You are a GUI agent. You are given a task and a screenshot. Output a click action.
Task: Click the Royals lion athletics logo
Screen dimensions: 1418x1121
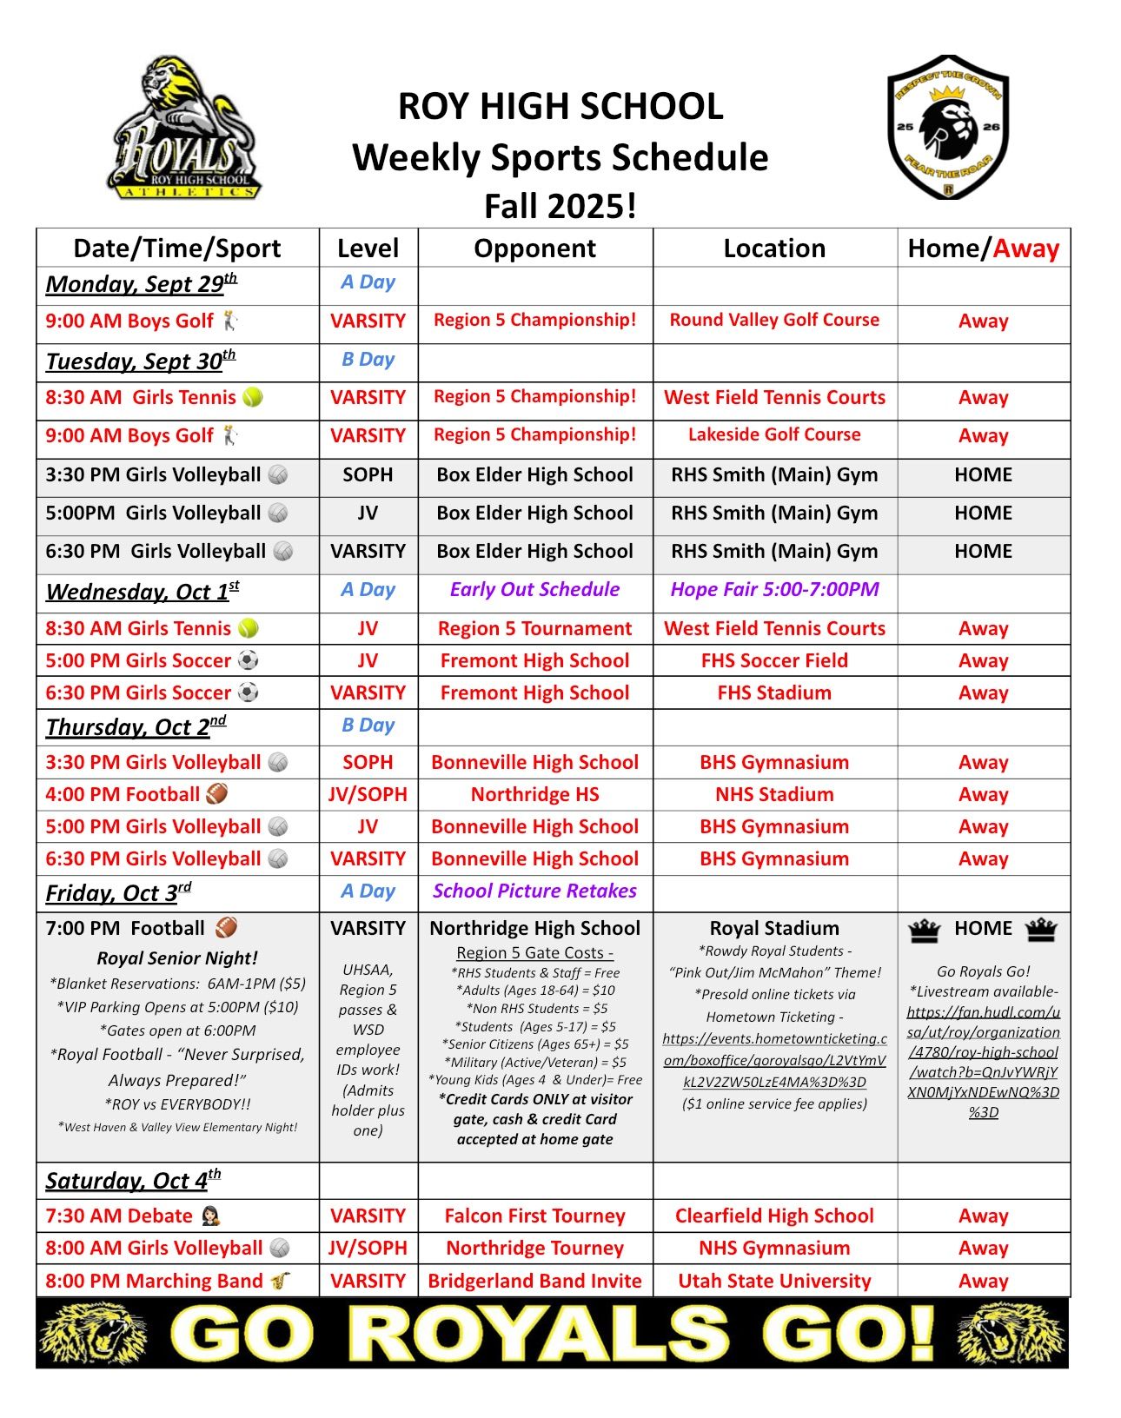coord(184,128)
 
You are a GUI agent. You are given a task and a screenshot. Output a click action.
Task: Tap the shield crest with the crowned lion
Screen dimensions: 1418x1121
coord(947,127)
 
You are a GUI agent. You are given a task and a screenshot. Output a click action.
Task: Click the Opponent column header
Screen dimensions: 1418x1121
coord(534,248)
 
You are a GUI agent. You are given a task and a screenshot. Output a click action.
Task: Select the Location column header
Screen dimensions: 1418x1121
coord(774,248)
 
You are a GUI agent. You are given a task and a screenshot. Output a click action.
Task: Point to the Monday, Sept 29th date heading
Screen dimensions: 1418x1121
coord(141,284)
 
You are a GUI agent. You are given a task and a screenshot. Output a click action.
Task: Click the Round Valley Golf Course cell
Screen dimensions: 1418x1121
coord(774,320)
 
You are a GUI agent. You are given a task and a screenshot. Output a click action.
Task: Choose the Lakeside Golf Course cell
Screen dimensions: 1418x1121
coord(774,434)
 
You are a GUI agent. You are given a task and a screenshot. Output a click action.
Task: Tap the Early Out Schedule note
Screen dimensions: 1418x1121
coord(534,589)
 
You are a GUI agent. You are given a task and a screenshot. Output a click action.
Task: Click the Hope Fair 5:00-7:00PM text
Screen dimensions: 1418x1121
coord(774,589)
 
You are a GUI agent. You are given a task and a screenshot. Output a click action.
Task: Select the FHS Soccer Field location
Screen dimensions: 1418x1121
coord(774,660)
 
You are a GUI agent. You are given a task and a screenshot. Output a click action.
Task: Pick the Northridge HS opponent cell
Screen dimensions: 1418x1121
coord(534,794)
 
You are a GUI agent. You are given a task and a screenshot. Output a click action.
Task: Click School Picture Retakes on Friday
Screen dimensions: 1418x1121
coord(534,891)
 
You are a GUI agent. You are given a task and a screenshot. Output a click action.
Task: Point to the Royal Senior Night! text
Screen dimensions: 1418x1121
coord(177,958)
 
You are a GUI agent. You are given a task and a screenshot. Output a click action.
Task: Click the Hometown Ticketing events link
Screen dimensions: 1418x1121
coord(774,1060)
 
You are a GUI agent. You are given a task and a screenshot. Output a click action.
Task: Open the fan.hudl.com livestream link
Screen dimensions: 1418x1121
coord(983,1062)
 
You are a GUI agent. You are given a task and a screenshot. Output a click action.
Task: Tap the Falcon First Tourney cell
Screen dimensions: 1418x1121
coord(534,1216)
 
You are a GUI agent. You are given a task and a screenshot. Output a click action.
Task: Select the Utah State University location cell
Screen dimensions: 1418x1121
coord(774,1281)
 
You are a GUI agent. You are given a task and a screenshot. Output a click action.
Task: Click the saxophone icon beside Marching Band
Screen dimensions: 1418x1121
coord(280,1281)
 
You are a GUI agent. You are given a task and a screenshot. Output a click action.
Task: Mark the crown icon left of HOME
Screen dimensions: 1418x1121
coord(925,930)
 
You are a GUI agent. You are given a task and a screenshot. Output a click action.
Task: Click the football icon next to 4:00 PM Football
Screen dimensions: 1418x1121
coord(216,794)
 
